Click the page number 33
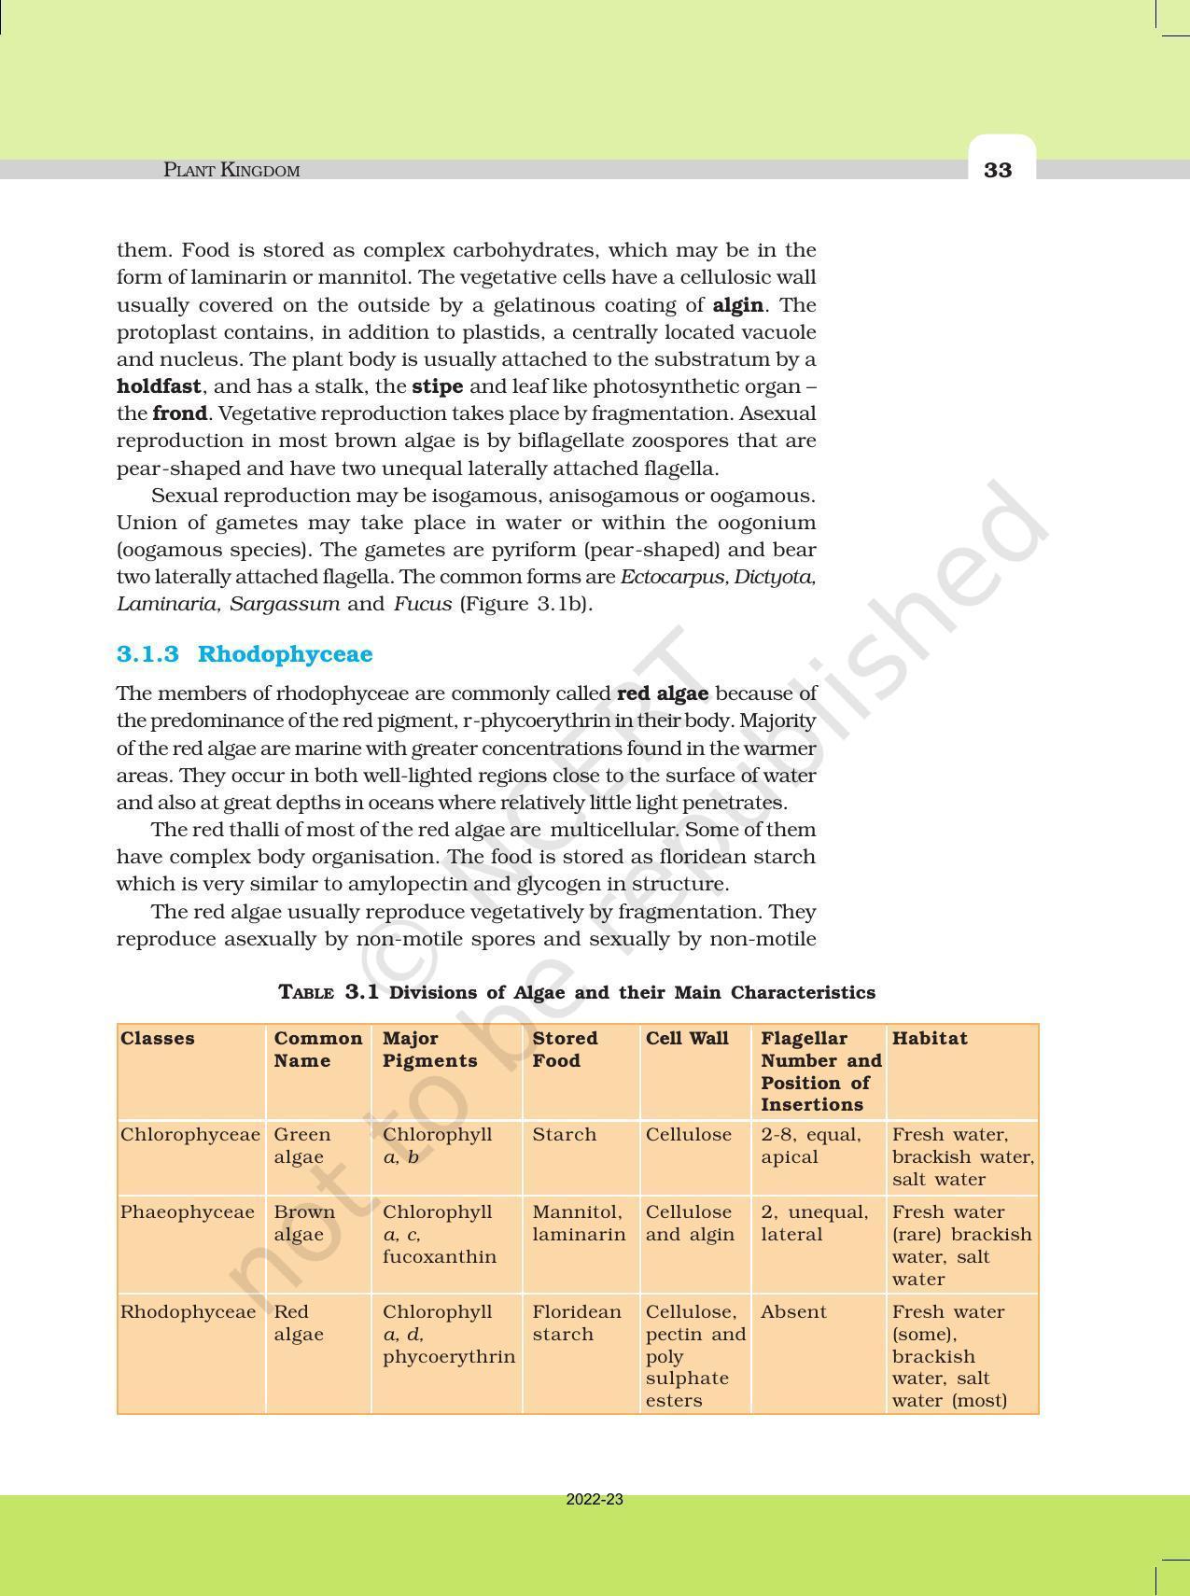pos(998,170)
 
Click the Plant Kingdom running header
pos(231,170)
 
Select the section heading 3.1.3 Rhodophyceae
pos(245,653)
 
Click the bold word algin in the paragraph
pos(737,305)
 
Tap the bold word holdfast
pos(159,386)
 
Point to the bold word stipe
pos(437,386)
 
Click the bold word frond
pos(179,413)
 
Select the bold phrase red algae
pos(663,693)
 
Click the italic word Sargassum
pos(285,604)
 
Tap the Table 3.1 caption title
pos(577,992)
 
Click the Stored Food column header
pos(565,1049)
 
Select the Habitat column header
pos(930,1038)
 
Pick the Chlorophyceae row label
pos(189,1135)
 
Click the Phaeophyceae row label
pos(187,1212)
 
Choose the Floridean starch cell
pos(577,1323)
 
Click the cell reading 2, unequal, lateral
pos(814,1223)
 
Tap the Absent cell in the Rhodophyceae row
pos(793,1312)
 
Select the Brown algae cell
pos(304,1223)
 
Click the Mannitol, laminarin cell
pos(579,1223)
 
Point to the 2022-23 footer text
pos(595,1500)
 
